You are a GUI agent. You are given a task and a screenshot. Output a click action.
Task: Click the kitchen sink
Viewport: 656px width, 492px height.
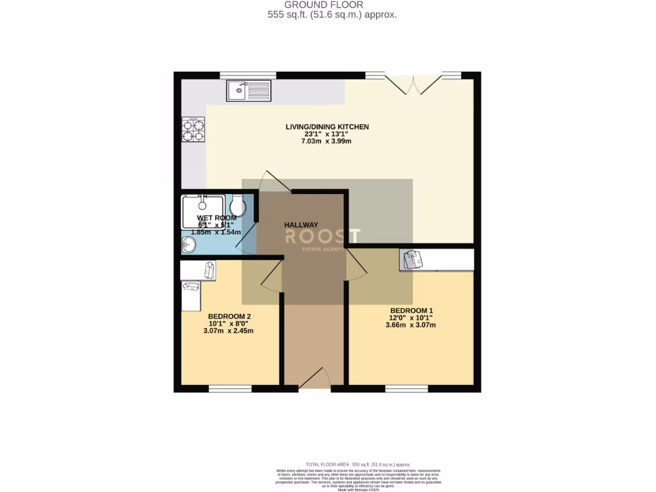pyautogui.click(x=249, y=90)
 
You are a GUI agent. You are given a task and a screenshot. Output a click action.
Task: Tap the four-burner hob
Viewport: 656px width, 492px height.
pyautogui.click(x=193, y=130)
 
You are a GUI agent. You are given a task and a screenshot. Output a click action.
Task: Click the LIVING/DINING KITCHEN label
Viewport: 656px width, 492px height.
pyautogui.click(x=327, y=127)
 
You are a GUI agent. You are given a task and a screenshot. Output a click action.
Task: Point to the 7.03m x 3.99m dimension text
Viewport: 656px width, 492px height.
pyautogui.click(x=327, y=141)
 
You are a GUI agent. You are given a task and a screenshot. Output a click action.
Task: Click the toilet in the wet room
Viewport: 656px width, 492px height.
pyautogui.click(x=238, y=206)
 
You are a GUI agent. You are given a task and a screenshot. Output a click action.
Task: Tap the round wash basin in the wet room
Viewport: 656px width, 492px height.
pyautogui.click(x=188, y=245)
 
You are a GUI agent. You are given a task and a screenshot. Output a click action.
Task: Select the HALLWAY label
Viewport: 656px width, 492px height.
pyautogui.click(x=301, y=225)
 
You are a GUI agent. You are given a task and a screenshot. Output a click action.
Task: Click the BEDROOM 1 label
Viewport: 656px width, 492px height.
pyautogui.click(x=412, y=311)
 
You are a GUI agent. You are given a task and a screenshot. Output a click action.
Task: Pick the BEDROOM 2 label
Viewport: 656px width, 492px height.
pyautogui.click(x=229, y=316)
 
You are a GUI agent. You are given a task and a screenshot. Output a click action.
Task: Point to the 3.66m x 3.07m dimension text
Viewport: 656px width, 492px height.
pyautogui.click(x=412, y=325)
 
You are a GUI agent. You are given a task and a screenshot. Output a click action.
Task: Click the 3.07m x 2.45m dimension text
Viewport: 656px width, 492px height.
pyautogui.click(x=229, y=331)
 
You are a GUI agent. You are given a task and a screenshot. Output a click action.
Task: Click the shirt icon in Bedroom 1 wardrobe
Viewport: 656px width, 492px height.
pyautogui.click(x=413, y=259)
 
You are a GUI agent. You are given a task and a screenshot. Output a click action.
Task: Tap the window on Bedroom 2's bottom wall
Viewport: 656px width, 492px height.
pyautogui.click(x=230, y=388)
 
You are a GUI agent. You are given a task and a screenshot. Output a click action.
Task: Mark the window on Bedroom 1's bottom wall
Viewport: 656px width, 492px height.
pyautogui.click(x=406, y=388)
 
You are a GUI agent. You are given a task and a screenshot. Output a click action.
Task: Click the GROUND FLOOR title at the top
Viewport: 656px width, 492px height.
pyautogui.click(x=332, y=4)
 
